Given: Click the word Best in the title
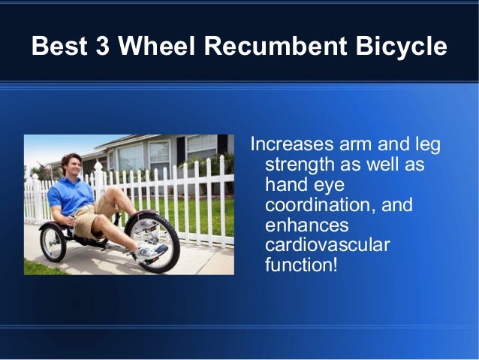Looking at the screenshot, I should pos(58,47).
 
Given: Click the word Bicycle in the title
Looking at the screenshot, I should pos(403,47).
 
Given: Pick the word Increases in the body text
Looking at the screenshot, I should pos(288,144).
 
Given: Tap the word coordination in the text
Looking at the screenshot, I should pos(315,205).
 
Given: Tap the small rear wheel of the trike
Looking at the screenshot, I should pos(53,243).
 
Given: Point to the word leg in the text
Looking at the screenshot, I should pos(425,144).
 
